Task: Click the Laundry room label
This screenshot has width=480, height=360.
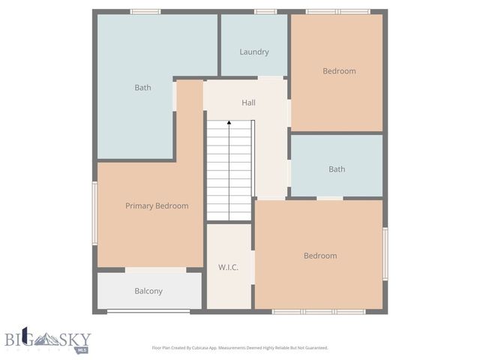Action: [254, 52]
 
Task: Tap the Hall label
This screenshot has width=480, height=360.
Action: [248, 102]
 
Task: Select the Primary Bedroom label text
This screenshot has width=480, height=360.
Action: [157, 205]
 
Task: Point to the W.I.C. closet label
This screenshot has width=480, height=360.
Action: [229, 267]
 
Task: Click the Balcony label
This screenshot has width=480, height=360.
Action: [148, 291]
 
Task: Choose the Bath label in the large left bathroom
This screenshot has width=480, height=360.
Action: [142, 88]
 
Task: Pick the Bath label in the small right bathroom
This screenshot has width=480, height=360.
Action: [337, 169]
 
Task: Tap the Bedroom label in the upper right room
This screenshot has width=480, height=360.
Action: [339, 71]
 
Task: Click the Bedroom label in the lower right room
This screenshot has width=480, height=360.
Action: [320, 256]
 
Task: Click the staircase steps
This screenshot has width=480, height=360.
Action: [229, 172]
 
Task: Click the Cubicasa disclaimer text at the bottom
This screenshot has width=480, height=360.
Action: [240, 348]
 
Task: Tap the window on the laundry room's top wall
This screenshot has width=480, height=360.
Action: [265, 11]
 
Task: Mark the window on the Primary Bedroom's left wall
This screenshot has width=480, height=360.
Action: [94, 213]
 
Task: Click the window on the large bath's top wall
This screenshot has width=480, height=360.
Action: [145, 11]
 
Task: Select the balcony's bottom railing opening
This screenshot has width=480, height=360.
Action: [148, 311]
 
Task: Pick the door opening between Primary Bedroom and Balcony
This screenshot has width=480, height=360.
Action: [155, 270]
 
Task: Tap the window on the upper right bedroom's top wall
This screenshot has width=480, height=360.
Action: [337, 11]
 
